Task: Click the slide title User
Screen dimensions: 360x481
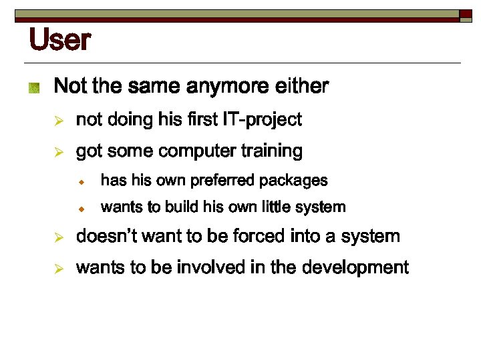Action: click(59, 41)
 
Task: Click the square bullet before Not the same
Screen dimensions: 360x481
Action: click(34, 87)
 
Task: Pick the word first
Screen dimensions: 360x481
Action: click(203, 120)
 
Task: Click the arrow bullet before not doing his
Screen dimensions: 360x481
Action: click(59, 121)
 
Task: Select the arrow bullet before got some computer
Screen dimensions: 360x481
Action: click(59, 153)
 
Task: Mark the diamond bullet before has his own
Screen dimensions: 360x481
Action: click(79, 181)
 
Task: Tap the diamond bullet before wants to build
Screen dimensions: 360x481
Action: click(79, 209)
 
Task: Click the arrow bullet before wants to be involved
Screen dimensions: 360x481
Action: click(59, 269)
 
